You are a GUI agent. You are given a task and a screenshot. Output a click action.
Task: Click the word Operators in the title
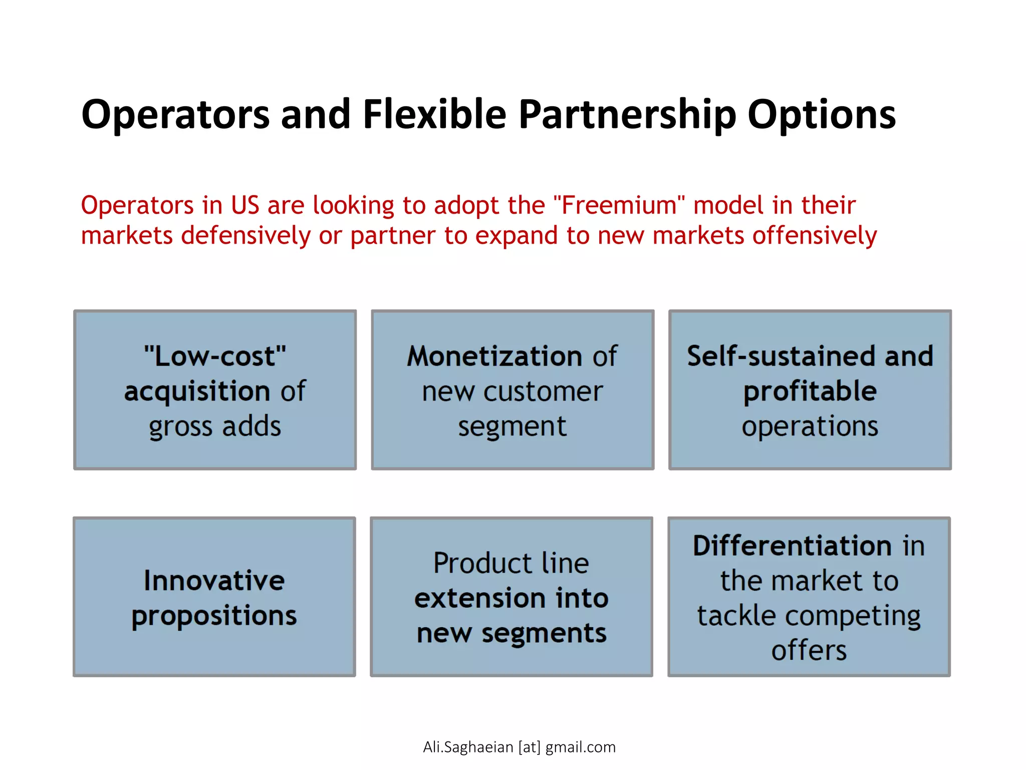click(175, 115)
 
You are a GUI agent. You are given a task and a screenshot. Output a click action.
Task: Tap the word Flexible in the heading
click(434, 114)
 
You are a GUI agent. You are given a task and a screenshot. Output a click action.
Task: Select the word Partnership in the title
click(627, 115)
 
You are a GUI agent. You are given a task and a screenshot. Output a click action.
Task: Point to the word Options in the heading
click(822, 115)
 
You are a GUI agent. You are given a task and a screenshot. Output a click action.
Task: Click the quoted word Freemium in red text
click(619, 206)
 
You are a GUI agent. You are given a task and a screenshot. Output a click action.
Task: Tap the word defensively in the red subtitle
click(245, 236)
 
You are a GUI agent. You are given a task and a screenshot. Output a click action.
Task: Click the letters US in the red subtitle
click(245, 206)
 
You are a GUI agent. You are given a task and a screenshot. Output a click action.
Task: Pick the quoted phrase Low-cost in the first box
click(215, 356)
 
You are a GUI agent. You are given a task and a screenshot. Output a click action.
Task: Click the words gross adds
click(215, 427)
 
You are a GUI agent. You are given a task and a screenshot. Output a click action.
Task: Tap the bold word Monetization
click(494, 356)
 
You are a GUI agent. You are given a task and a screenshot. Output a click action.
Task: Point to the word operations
click(810, 427)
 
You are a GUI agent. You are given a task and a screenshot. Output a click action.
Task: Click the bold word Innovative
click(214, 581)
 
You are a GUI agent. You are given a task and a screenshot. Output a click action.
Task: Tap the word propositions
click(214, 616)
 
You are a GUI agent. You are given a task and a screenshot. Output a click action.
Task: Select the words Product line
click(511, 563)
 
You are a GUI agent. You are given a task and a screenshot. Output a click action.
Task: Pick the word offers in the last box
click(809, 651)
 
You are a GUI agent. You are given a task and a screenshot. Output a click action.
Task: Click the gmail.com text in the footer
click(580, 747)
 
